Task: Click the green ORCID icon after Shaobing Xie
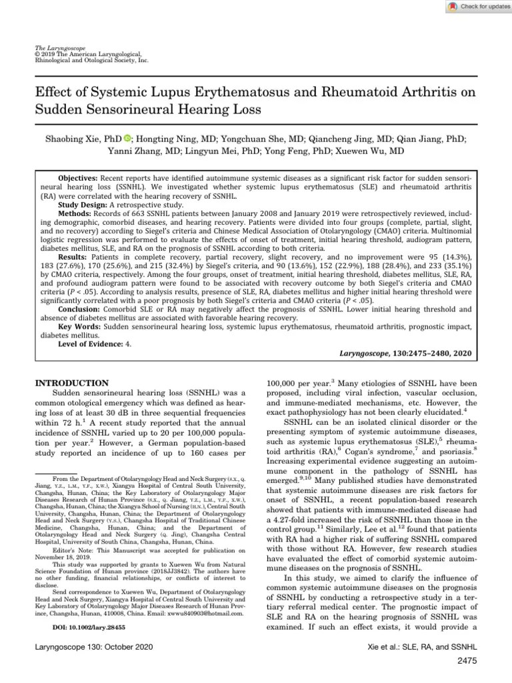point(128,139)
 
